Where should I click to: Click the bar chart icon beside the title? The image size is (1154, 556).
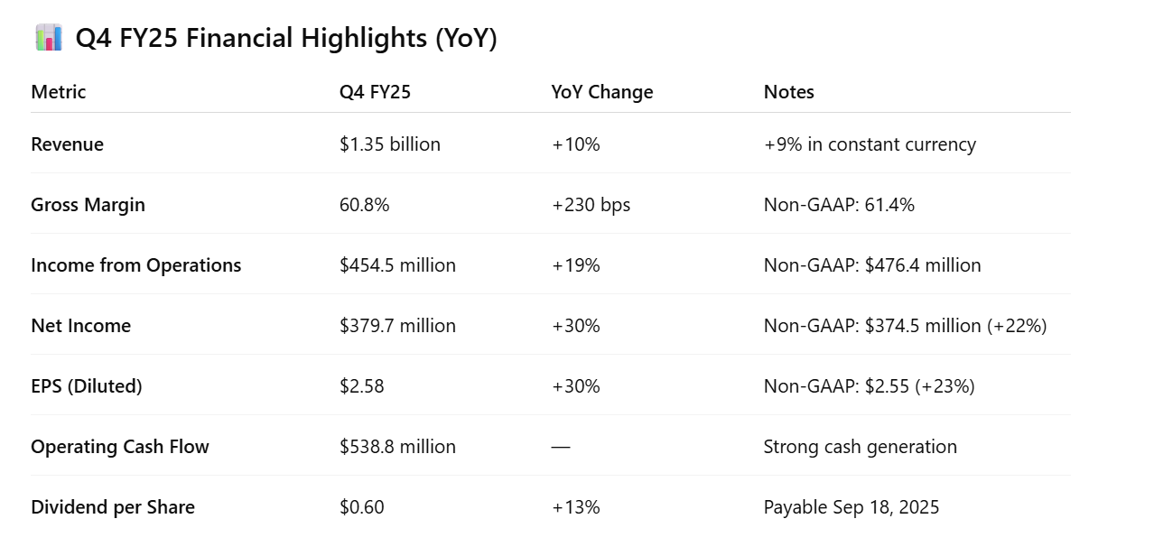coord(49,38)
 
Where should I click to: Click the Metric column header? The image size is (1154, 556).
coord(59,92)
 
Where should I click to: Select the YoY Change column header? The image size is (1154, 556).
coord(602,92)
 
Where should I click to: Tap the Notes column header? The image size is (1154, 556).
coord(788,92)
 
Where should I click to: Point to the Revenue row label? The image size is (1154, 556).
coord(67,144)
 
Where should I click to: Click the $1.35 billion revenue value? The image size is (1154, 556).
coord(390,144)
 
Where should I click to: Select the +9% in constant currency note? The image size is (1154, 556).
coord(870,144)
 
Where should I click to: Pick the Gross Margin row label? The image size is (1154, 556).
coord(88,205)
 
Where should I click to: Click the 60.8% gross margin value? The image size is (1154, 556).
coord(364,205)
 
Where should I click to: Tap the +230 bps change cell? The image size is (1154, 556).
coord(591,205)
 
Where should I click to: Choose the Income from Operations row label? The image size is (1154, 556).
coord(135,265)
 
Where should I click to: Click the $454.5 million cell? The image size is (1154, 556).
coord(397,265)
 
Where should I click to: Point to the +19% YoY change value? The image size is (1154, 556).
coord(575,265)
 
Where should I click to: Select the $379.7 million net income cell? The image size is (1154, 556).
coord(397,326)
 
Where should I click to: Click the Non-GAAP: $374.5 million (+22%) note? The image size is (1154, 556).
coord(905,326)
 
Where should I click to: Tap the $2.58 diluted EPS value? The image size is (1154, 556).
coord(361,386)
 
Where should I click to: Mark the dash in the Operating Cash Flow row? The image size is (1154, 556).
coord(561,447)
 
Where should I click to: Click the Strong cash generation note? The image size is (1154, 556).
coord(860,447)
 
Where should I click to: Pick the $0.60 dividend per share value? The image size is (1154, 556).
coord(361,507)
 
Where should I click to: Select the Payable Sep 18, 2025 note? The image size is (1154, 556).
coord(851,507)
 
